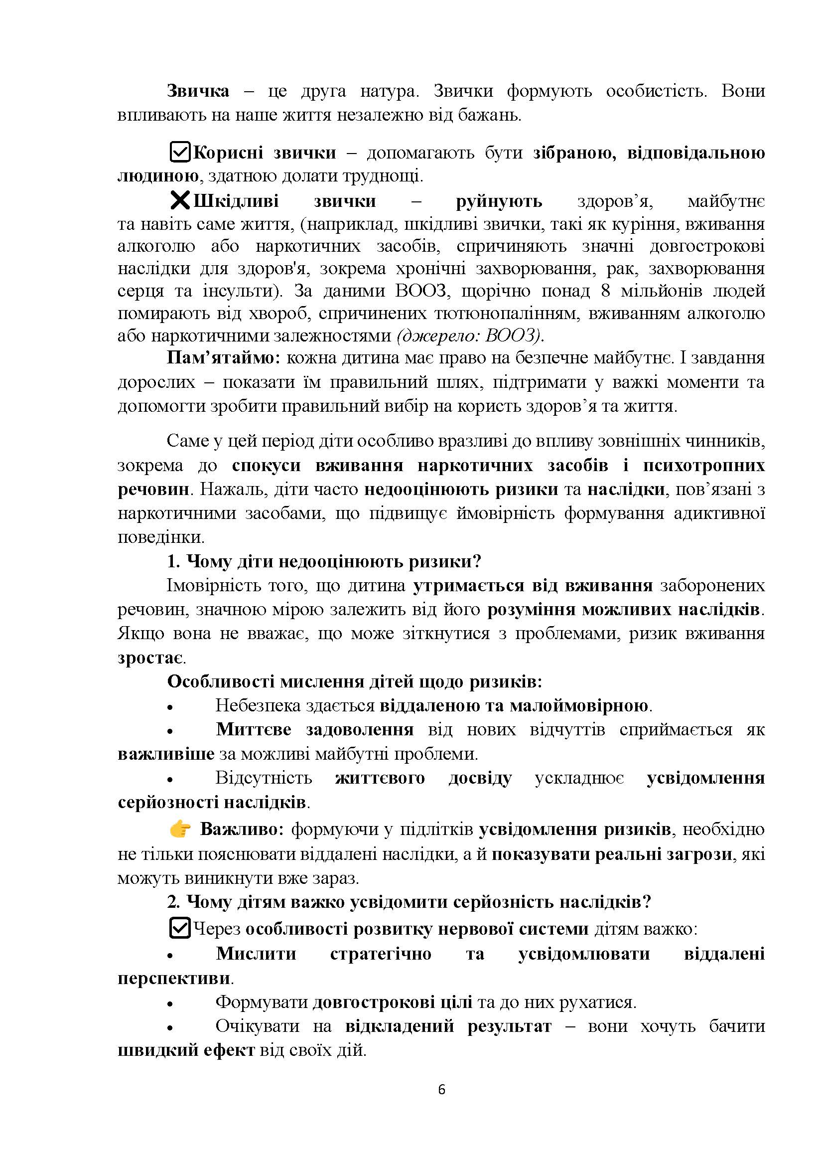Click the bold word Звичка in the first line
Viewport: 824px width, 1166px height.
point(198,91)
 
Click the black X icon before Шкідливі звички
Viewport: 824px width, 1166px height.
point(180,200)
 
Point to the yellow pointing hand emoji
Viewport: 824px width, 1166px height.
point(180,830)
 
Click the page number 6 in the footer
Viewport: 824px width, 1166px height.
point(441,1090)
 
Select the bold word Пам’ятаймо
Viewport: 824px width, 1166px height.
point(223,358)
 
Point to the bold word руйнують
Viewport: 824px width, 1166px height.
point(499,201)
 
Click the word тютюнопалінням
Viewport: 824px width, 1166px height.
point(506,314)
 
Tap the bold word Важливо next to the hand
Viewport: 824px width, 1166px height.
point(241,830)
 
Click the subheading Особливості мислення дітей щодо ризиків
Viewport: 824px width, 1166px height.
point(354,681)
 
